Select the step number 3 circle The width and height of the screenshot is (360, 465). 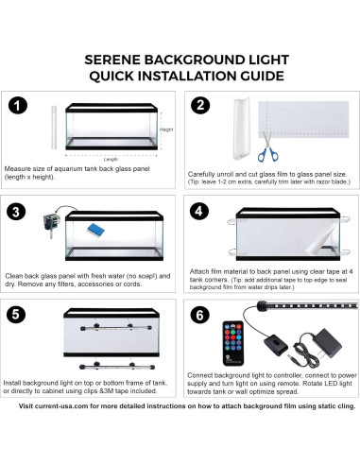pyautogui.click(x=21, y=210)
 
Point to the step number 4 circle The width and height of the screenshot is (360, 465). pyautogui.click(x=199, y=210)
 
